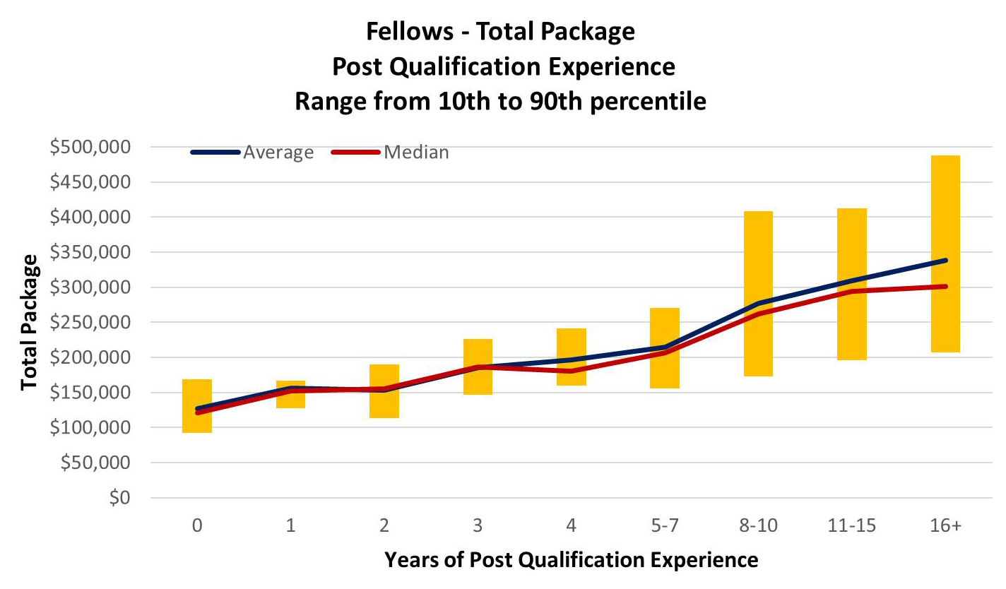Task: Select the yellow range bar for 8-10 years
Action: (758, 254)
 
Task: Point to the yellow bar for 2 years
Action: (384, 406)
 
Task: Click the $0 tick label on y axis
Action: (119, 498)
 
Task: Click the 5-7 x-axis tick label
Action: (664, 526)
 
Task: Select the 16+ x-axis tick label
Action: (945, 526)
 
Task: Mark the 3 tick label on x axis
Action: (478, 526)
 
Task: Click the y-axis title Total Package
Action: (29, 323)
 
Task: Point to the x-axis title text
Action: (571, 560)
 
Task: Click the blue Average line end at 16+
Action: (944, 261)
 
